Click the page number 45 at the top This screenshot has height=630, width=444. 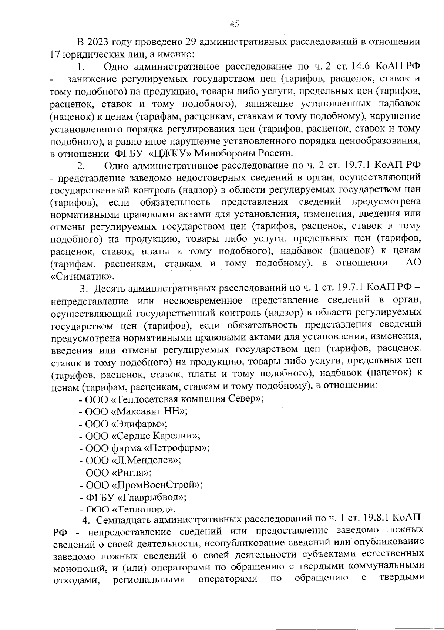pos(234,24)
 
